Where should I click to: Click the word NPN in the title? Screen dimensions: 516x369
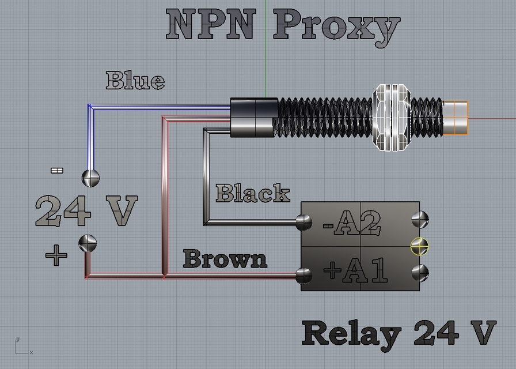[x=211, y=24]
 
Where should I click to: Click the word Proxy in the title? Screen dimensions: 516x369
[x=337, y=28]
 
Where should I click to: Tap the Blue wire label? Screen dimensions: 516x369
[x=135, y=80]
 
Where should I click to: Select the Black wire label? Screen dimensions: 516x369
[x=253, y=193]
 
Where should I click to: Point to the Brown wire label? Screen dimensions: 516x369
[x=225, y=258]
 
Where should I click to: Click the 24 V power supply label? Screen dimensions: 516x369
[x=86, y=211]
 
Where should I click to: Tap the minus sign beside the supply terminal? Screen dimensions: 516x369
[x=57, y=170]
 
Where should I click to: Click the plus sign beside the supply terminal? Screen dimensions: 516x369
[x=56, y=255]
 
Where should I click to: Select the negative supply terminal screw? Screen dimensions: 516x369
[x=90, y=178]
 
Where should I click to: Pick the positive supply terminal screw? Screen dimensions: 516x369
[x=88, y=243]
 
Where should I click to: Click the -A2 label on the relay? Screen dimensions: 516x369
[x=352, y=223]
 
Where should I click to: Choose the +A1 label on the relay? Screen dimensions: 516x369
[x=356, y=270]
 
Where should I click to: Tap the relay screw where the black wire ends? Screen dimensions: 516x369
[x=303, y=223]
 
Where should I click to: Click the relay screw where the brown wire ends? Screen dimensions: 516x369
[x=303, y=276]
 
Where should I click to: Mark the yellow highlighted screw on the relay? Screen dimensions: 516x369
[x=420, y=246]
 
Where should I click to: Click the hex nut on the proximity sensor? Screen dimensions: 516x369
[x=392, y=118]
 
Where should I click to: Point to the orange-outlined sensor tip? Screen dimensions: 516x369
[x=456, y=118]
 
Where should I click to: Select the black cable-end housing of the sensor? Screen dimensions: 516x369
[x=254, y=117]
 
